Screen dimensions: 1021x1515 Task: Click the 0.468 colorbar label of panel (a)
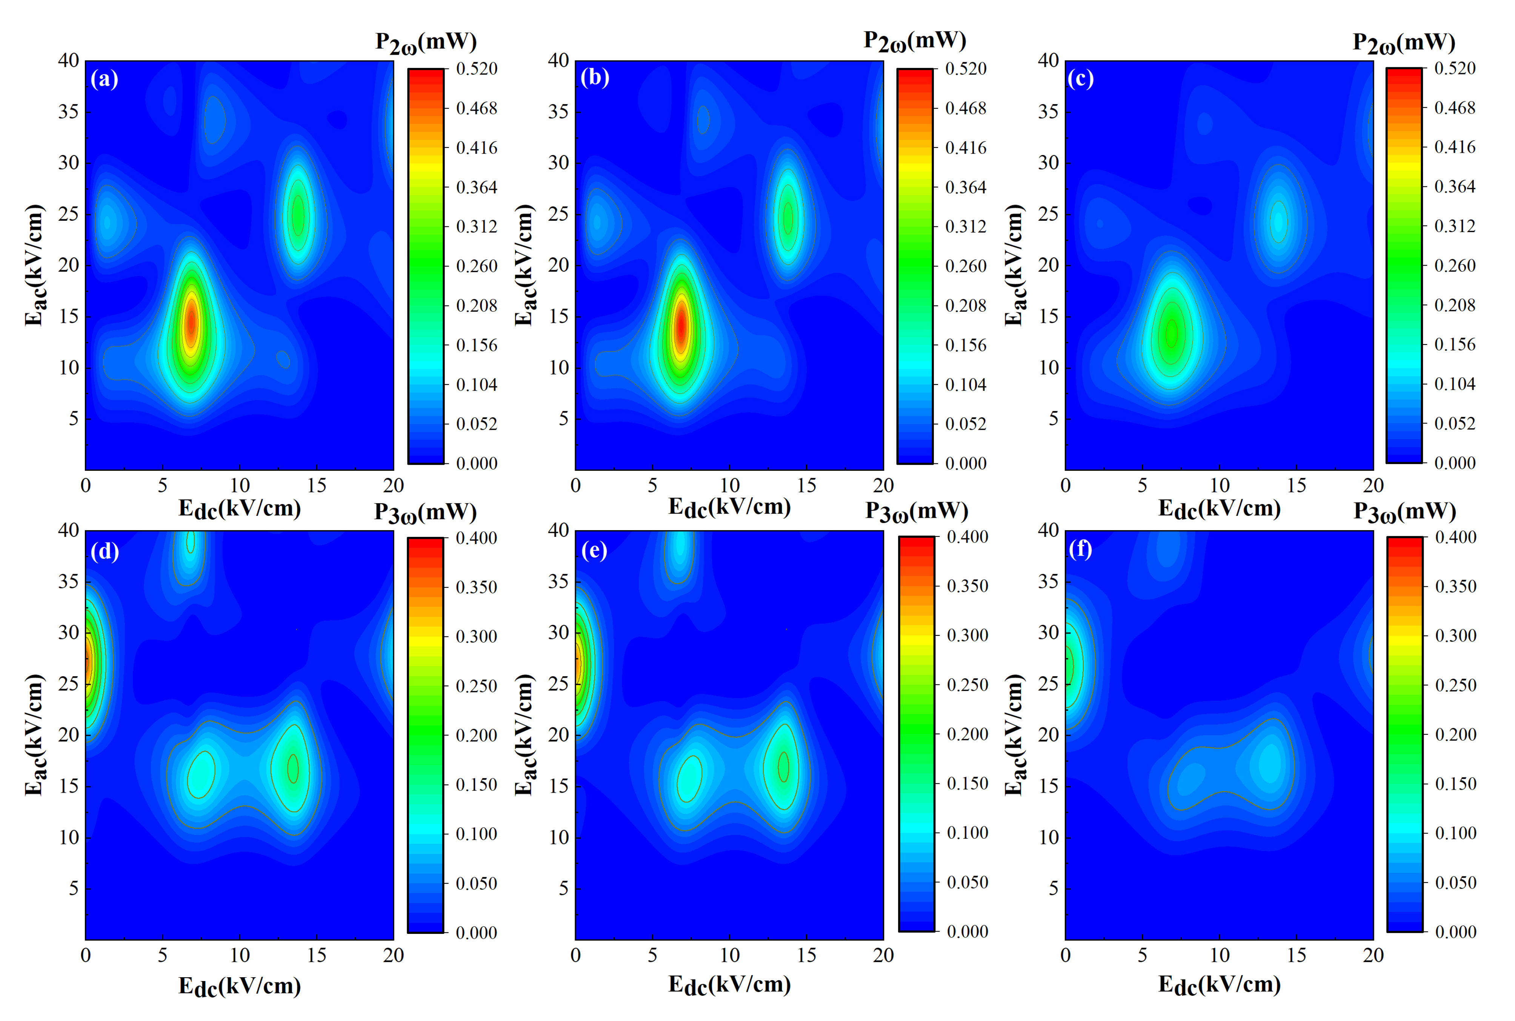click(x=476, y=108)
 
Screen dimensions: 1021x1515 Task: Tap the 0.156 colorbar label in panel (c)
click(x=1455, y=344)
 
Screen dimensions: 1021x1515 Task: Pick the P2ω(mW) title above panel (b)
click(x=915, y=41)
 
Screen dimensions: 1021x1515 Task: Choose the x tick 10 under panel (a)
click(x=240, y=485)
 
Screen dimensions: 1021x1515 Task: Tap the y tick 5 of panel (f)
click(x=1054, y=888)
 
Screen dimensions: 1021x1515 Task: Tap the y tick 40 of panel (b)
click(x=558, y=60)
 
